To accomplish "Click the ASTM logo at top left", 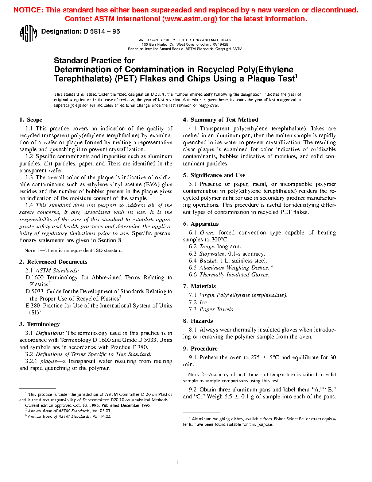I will pyautogui.click(x=28, y=33).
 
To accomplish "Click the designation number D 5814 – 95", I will pyautogui.click(x=101, y=31).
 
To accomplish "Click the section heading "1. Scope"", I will pyautogui.click(x=31, y=120).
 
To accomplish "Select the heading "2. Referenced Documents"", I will pyautogui.click(x=53, y=262).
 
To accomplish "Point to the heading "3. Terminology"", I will pyautogui.click(x=39, y=324).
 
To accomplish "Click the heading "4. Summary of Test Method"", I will pyautogui.click(x=221, y=120).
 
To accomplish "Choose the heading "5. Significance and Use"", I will pyautogui.click(x=214, y=175).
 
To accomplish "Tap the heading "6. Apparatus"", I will pyautogui.click(x=201, y=224).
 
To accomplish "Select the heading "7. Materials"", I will pyautogui.click(x=199, y=286).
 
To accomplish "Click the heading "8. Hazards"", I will pyautogui.click(x=198, y=321).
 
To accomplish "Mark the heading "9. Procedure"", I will pyautogui.click(x=200, y=349).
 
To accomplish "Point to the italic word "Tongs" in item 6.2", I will pyautogui.click(x=206, y=246).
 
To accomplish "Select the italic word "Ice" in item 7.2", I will pyautogui.click(x=204, y=302).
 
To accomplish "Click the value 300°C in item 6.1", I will pyautogui.click(x=220, y=240).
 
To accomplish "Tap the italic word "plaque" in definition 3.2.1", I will pyautogui.click(x=49, y=361).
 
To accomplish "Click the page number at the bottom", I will pyautogui.click(x=178, y=462).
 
